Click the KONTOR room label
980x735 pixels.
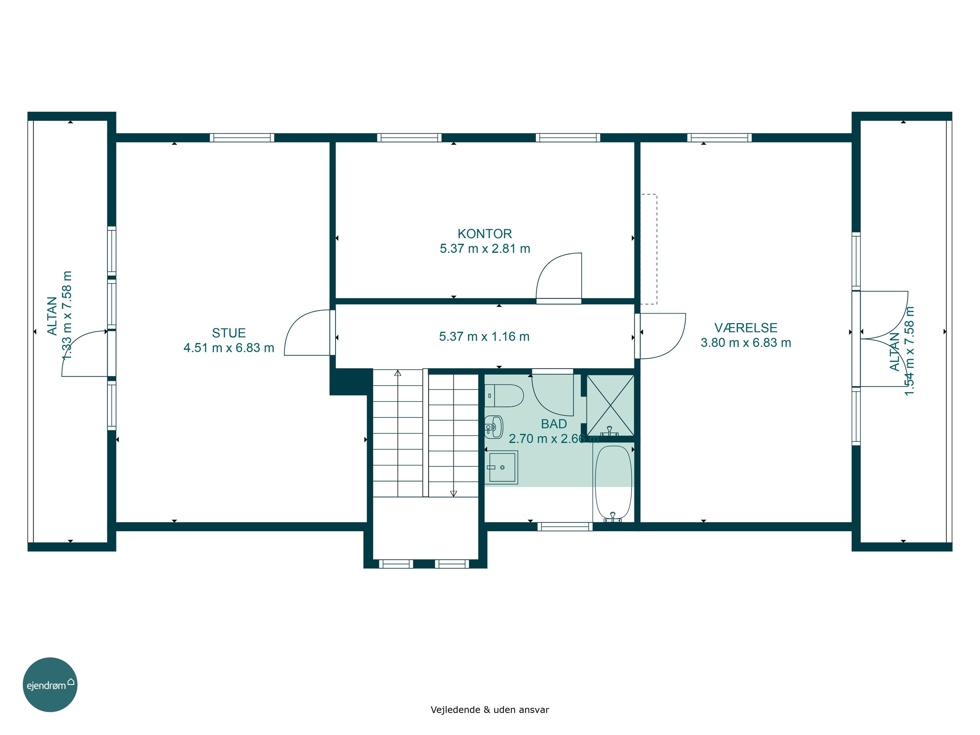point(485,234)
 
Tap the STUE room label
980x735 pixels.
point(229,333)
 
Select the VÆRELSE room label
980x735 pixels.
point(746,328)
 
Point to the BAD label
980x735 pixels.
point(554,424)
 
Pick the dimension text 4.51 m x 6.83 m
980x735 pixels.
point(229,348)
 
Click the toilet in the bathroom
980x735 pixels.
point(504,396)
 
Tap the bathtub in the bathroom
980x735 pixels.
point(613,483)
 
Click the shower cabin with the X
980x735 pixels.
point(611,405)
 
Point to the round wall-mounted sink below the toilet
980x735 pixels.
point(494,427)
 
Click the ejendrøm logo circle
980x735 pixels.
point(50,684)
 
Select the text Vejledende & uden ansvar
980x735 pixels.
point(490,709)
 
